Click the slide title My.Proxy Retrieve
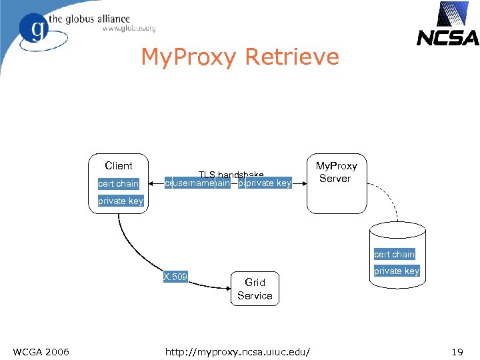239,57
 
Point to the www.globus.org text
129,29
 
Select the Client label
119,166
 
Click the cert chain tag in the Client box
118,183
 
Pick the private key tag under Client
121,201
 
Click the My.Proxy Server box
336,183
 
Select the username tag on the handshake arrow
193,183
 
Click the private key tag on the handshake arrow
268,183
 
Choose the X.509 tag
175,277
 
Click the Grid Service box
255,289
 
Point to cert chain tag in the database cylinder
394,254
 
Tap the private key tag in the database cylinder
396,271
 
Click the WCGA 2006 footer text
41,351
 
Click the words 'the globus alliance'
98,18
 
